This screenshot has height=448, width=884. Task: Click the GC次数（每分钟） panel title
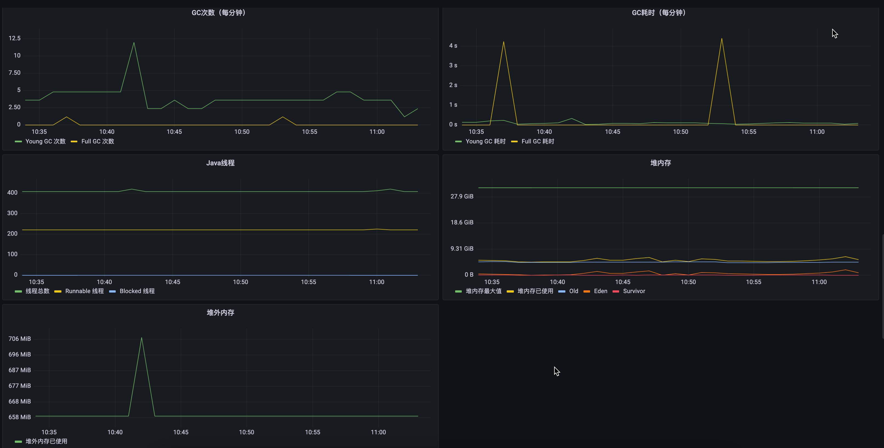click(x=219, y=13)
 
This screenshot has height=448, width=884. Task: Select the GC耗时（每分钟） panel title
click(x=659, y=13)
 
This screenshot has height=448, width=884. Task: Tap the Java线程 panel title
click(x=220, y=163)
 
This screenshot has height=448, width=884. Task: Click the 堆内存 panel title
click(x=661, y=163)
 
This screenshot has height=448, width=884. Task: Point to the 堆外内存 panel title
click(x=220, y=313)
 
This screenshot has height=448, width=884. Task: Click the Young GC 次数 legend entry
click(x=45, y=141)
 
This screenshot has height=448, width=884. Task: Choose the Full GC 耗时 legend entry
click(x=537, y=141)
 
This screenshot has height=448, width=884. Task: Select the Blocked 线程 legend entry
click(x=137, y=291)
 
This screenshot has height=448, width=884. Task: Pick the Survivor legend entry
click(x=633, y=291)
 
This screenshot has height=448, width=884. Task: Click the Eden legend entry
click(x=600, y=291)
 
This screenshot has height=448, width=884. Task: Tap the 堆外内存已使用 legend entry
click(x=46, y=441)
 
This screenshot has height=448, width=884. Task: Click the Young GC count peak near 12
click(x=134, y=42)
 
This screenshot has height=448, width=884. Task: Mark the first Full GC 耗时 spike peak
click(x=503, y=42)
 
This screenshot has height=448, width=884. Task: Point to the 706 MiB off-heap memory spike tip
click(x=141, y=338)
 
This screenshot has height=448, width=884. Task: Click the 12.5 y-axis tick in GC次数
click(x=15, y=38)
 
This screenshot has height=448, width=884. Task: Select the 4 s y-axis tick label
click(x=453, y=46)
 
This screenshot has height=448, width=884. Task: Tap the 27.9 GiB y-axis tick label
click(x=461, y=196)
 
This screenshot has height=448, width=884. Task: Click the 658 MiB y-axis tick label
click(x=19, y=417)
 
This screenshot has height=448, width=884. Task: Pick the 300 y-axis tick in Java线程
click(x=12, y=213)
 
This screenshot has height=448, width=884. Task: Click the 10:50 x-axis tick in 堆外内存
click(x=246, y=432)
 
